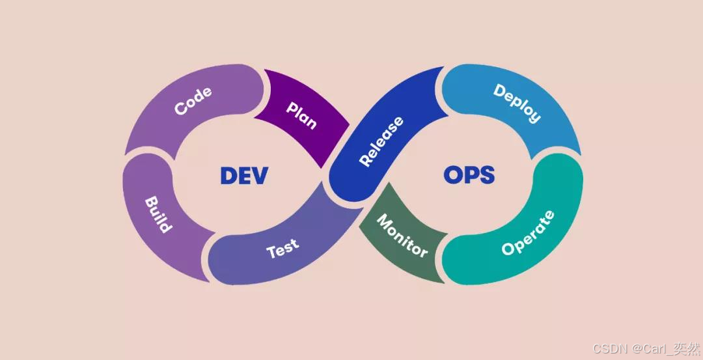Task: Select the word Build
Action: point(158,214)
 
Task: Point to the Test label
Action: point(283,247)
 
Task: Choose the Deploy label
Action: point(517,103)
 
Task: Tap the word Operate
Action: point(528,232)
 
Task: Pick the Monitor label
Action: point(402,236)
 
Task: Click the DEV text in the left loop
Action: point(243,176)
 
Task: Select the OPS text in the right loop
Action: point(469,174)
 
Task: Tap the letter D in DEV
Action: point(228,176)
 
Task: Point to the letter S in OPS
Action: point(486,174)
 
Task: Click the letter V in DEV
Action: point(260,176)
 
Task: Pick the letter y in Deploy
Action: point(534,117)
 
